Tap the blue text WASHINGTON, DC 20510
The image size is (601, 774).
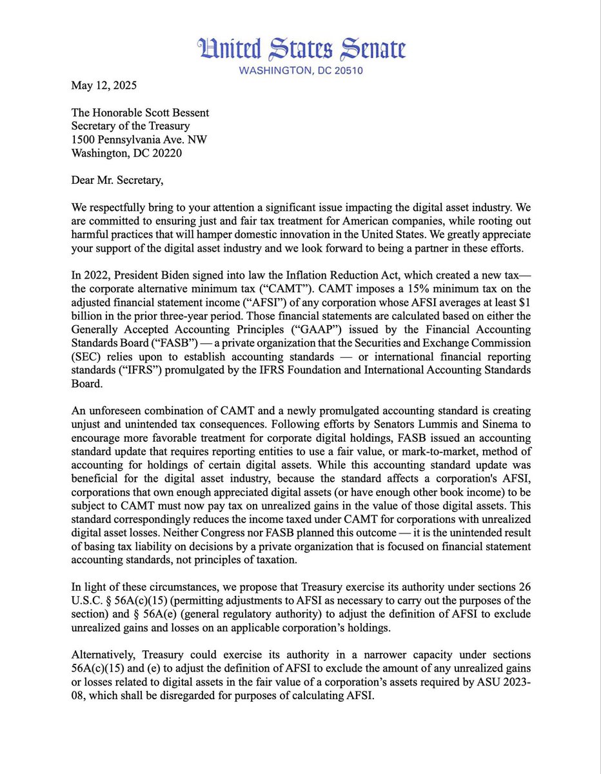tap(302, 70)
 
